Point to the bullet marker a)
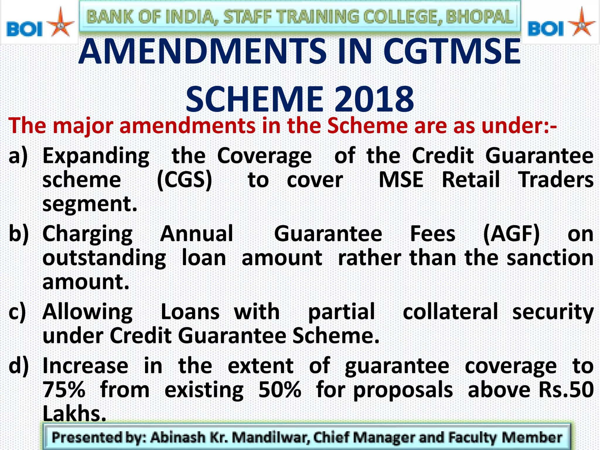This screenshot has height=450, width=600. coord(18,156)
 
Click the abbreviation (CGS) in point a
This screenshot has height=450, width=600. coord(185,180)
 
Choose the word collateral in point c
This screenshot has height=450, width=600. coord(450,312)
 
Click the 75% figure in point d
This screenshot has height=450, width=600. coord(64,390)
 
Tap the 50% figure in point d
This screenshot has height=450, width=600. coord(280,390)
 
